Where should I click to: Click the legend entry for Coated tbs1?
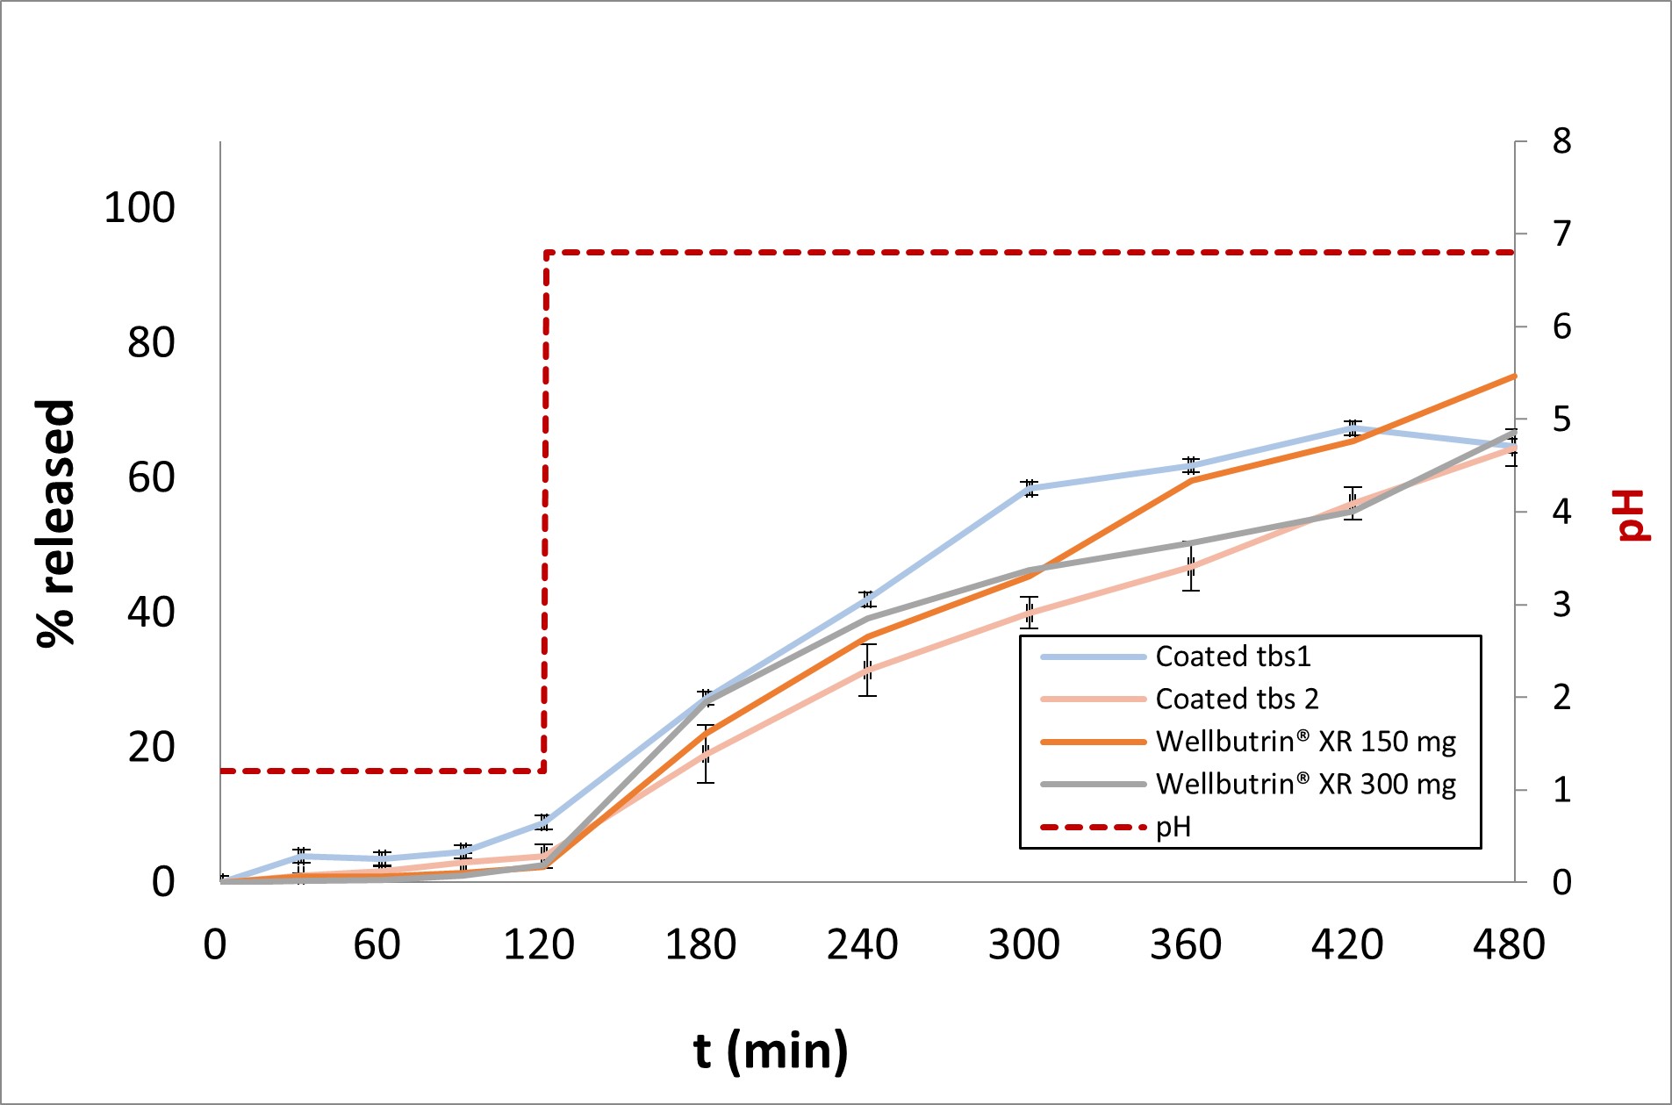(x=1232, y=657)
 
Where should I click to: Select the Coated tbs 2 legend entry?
(x=1237, y=699)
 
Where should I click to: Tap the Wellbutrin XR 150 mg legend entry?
(x=1305, y=742)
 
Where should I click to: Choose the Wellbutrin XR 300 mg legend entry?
(x=1305, y=784)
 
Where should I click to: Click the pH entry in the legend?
(x=1173, y=827)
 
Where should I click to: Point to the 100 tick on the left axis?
(x=140, y=208)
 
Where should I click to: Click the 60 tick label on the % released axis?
(x=151, y=477)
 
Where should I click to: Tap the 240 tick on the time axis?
(x=862, y=945)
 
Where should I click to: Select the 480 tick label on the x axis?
(x=1509, y=945)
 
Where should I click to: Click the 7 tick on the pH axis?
(x=1561, y=234)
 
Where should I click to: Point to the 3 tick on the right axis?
(x=1561, y=605)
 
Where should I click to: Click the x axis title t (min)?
(x=771, y=1051)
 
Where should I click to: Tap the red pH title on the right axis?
(x=1633, y=515)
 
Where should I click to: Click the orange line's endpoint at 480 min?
(x=1514, y=377)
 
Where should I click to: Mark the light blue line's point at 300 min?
(x=1030, y=489)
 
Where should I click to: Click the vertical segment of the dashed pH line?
(x=545, y=509)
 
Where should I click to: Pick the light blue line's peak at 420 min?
(x=1353, y=428)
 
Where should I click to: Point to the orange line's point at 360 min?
(x=1191, y=479)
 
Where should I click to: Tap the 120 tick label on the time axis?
(x=539, y=945)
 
